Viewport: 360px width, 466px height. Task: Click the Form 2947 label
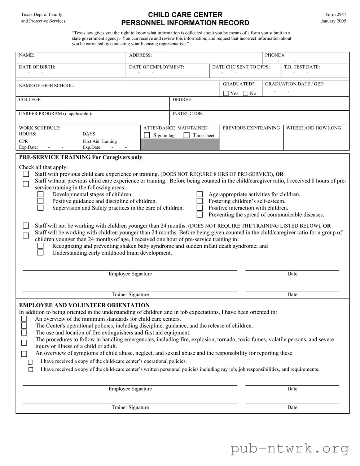click(335, 14)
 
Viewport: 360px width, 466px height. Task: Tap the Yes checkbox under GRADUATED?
click(226, 93)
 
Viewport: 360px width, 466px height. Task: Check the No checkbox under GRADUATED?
click(246, 93)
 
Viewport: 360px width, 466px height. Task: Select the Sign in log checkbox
click(147, 135)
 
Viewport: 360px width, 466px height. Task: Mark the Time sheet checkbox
click(186, 135)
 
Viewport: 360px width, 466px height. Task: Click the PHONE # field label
click(275, 55)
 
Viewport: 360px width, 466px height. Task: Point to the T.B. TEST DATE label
click(302, 67)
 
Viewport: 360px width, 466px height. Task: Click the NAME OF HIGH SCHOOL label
click(47, 85)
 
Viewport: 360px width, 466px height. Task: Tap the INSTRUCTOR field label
click(188, 114)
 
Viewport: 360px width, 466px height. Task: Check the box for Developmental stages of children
click(40, 194)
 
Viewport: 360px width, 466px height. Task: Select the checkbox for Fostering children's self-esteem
click(199, 201)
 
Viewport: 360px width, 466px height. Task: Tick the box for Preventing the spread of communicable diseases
click(199, 215)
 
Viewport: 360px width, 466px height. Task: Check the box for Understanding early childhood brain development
click(40, 253)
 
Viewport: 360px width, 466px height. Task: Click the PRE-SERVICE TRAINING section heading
click(80, 157)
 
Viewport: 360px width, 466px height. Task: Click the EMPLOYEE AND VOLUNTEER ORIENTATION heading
click(84, 305)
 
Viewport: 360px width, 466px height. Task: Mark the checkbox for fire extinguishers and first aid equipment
click(24, 333)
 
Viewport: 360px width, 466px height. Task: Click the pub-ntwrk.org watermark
click(290, 449)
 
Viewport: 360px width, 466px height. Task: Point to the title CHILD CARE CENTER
click(185, 15)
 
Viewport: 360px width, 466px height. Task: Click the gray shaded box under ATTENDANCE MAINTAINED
click(180, 144)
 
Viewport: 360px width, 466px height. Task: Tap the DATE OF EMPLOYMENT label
click(156, 67)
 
